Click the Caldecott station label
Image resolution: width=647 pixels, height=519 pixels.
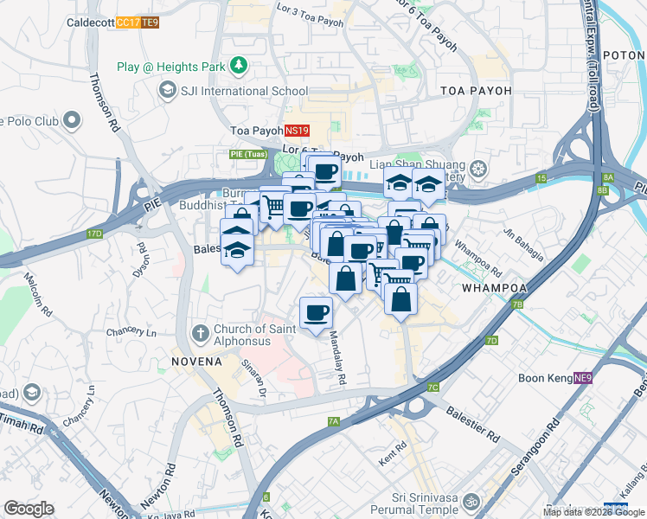point(90,22)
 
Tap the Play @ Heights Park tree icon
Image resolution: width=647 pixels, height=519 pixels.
point(238,66)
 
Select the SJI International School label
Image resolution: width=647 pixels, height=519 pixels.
point(243,91)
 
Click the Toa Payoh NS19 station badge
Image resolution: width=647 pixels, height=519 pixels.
point(297,131)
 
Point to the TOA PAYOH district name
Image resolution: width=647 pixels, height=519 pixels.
point(476,91)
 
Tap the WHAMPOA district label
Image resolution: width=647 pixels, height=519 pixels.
point(495,287)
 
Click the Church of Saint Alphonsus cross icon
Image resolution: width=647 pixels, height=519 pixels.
point(200,332)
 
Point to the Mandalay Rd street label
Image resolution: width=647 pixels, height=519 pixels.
point(337,360)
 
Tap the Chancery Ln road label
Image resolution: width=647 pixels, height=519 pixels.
point(131,332)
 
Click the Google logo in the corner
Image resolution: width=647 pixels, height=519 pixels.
point(29,509)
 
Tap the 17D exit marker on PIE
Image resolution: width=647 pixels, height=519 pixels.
point(94,234)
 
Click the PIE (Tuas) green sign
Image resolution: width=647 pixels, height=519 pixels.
point(247,154)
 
